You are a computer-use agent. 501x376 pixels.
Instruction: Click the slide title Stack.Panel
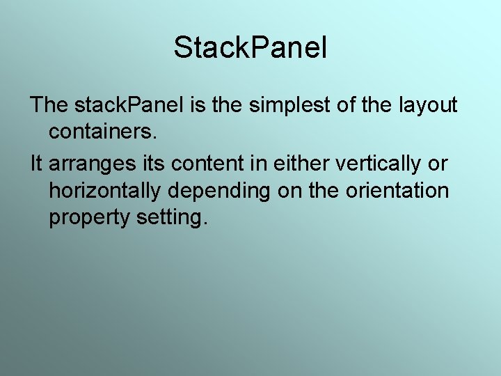pos(250,48)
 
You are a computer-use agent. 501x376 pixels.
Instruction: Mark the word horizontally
pos(106,191)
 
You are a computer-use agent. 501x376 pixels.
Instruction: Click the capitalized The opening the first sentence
pos(49,105)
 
